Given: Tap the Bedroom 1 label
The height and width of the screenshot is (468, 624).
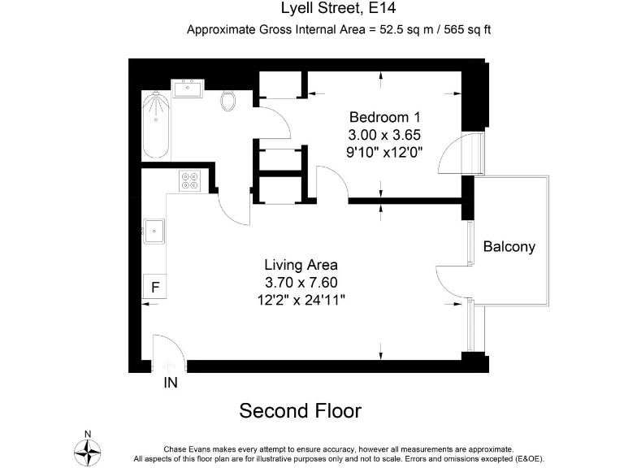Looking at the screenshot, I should click(384, 117).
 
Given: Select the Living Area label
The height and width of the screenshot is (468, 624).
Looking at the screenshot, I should click(301, 265).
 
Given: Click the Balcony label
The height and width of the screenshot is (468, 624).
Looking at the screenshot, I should click(509, 247).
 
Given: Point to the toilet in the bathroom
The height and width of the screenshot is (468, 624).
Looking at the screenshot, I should click(229, 100).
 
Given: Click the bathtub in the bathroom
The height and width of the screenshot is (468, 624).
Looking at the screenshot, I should click(156, 127).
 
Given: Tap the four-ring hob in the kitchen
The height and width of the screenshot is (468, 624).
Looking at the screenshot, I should click(191, 180).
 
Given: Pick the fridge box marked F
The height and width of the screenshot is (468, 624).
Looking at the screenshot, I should click(154, 287).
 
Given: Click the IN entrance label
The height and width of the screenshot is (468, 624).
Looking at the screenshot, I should click(171, 382).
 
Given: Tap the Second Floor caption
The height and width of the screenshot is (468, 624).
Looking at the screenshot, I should click(300, 411).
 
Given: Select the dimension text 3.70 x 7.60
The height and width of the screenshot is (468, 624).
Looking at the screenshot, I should click(301, 282).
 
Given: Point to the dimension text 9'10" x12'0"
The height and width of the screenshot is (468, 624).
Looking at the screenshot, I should click(384, 151).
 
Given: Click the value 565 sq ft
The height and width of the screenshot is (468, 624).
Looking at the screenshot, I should click(463, 30).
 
